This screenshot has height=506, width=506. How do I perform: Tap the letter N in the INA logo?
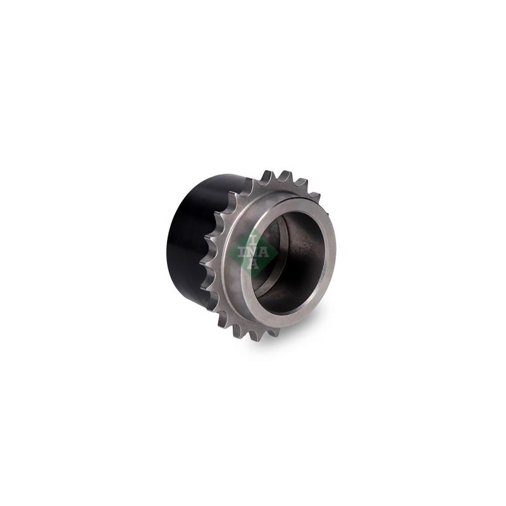pyautogui.click(x=254, y=252)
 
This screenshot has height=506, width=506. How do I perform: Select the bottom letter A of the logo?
pyautogui.click(x=254, y=264)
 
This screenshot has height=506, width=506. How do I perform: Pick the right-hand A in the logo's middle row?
pyautogui.click(x=264, y=252)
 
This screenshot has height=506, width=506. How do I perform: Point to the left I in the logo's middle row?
pyautogui.click(x=242, y=252)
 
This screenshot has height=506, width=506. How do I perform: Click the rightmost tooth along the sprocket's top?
pyautogui.click(x=314, y=197)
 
